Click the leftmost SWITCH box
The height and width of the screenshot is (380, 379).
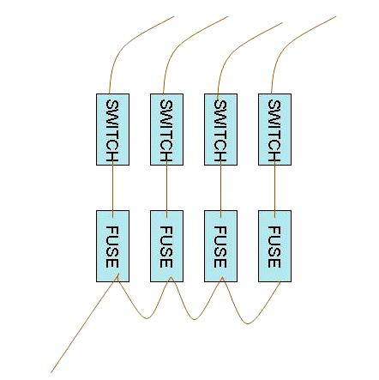[x=112, y=130]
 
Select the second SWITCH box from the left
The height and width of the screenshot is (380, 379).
[x=166, y=130]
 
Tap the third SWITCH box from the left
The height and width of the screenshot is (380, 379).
[x=220, y=130]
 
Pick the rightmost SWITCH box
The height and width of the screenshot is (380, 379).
[x=274, y=130]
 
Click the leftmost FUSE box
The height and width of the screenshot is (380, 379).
[x=112, y=246]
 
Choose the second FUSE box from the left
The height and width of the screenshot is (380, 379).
[x=166, y=246]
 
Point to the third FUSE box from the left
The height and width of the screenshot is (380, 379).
[x=220, y=246]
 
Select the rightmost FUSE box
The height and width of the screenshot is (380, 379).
[x=274, y=246]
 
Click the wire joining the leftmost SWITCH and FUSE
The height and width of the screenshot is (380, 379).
[x=112, y=188]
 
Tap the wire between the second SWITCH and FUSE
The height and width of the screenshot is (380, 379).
[x=166, y=188]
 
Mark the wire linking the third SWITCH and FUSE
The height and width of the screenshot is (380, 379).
[x=220, y=188]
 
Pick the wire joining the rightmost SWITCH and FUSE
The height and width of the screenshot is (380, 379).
[x=274, y=188]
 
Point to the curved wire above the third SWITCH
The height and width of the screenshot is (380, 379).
[x=231, y=51]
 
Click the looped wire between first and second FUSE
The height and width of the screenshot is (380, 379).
[x=147, y=318]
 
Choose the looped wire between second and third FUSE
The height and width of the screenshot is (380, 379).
[x=195, y=319]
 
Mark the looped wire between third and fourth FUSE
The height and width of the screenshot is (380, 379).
[x=247, y=323]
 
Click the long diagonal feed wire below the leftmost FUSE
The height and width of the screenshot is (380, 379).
[x=84, y=323]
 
